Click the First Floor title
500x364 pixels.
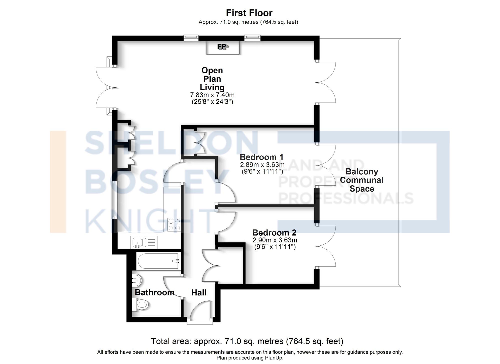249,13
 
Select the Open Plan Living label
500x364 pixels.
212,79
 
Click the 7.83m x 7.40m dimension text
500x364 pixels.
212,95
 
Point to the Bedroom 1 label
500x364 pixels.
261,157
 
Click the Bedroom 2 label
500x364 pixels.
274,233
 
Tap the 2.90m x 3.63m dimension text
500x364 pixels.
275,240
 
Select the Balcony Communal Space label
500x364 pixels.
361,180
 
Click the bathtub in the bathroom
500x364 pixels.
158,261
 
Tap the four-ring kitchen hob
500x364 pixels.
174,224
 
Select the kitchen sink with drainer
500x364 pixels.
143,242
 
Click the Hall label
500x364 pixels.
199,292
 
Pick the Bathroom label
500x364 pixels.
154,292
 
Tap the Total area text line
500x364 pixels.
247,341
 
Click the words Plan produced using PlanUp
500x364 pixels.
250,358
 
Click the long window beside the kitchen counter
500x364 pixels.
113,200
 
